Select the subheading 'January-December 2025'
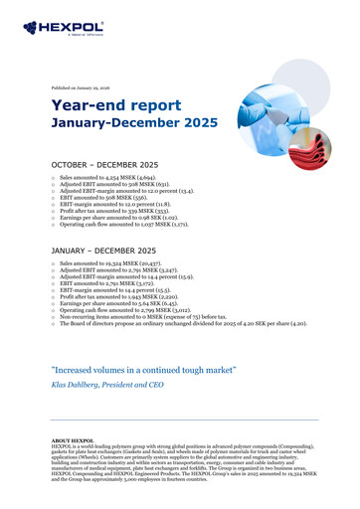129,125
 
